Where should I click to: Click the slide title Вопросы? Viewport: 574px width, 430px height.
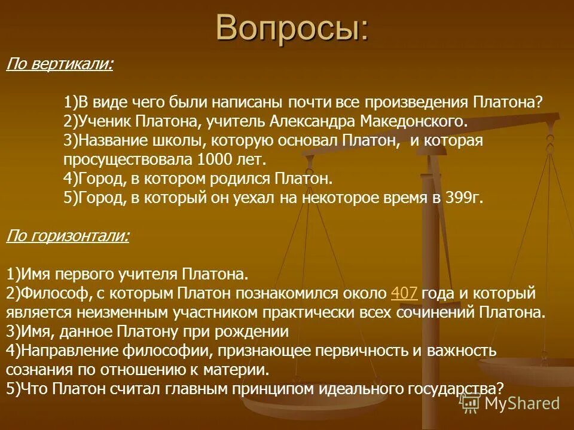(292, 27)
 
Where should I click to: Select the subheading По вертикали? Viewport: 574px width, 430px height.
(59, 64)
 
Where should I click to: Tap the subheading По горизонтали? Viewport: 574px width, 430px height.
(67, 236)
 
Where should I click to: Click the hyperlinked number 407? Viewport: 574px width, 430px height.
(403, 293)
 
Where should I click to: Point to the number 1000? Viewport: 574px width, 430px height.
(211, 160)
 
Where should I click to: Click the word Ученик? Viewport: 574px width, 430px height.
(105, 121)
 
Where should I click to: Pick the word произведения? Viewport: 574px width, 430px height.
(419, 102)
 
